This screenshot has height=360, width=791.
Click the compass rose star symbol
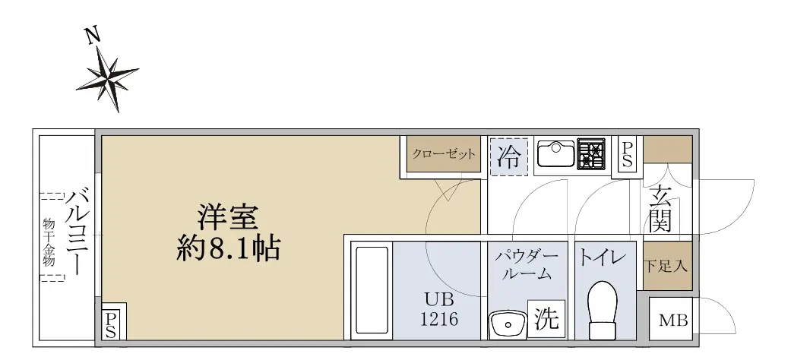pyautogui.click(x=109, y=78)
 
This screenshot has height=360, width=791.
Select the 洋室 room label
pyautogui.click(x=227, y=217)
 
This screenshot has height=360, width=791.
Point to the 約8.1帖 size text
pyautogui.click(x=228, y=248)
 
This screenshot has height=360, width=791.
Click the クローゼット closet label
pyautogui.click(x=444, y=153)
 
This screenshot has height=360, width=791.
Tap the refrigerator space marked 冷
pyautogui.click(x=509, y=156)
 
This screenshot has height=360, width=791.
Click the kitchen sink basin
pyautogui.click(x=556, y=153)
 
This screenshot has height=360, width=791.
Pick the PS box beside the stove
pyautogui.click(x=627, y=154)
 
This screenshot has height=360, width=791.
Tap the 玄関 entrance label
pyautogui.click(x=660, y=209)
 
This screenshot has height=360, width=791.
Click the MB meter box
pyautogui.click(x=673, y=320)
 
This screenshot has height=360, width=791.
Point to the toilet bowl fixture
pyautogui.click(x=603, y=310)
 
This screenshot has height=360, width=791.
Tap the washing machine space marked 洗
pyautogui.click(x=546, y=319)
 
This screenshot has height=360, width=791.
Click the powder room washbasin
pyautogui.click(x=507, y=324)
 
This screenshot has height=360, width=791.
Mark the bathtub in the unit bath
pyautogui.click(x=372, y=290)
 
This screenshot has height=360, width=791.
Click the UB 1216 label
pyautogui.click(x=439, y=309)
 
